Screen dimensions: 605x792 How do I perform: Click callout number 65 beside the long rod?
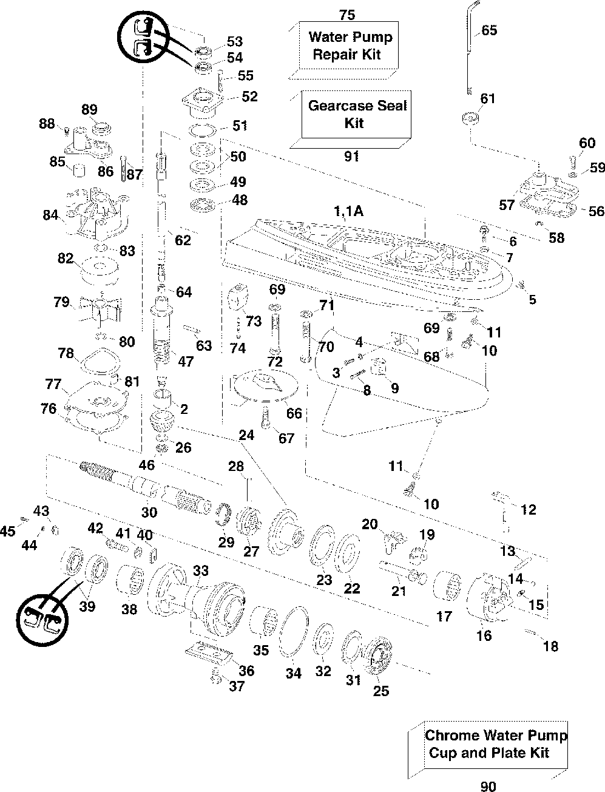pyautogui.click(x=489, y=30)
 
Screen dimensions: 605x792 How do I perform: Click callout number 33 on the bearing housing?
pyautogui.click(x=201, y=570)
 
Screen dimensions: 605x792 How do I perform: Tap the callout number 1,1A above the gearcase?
pyautogui.click(x=348, y=211)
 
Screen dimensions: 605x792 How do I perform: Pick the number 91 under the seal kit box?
pyautogui.click(x=351, y=156)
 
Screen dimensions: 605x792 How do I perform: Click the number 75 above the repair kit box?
pyautogui.click(x=347, y=15)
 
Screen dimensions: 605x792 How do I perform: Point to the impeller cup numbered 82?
pyautogui.click(x=100, y=271)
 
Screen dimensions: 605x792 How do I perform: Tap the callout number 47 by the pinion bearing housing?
pyautogui.click(x=186, y=361)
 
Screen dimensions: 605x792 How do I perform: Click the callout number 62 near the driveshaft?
pyautogui.click(x=183, y=240)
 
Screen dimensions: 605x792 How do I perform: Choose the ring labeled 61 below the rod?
pyautogui.click(x=470, y=119)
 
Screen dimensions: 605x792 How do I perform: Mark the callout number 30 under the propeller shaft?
pyautogui.click(x=149, y=512)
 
